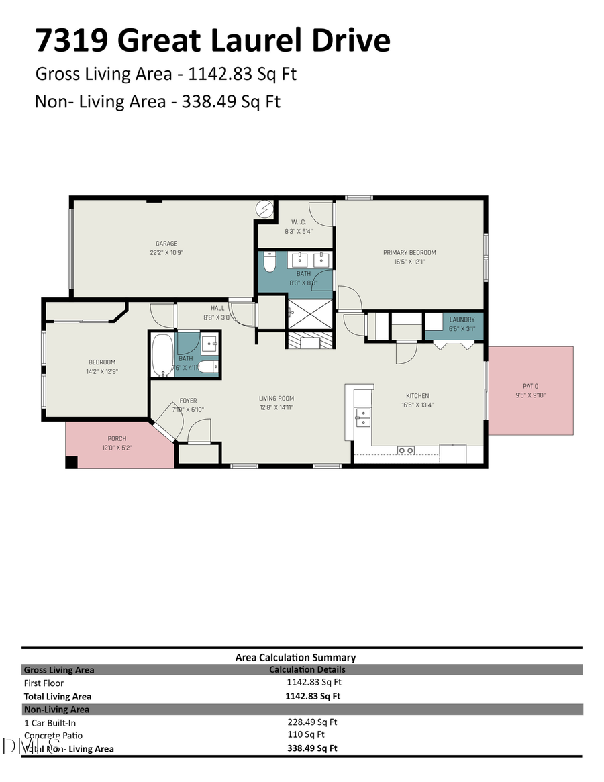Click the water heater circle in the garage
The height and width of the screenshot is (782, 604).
tap(266, 209)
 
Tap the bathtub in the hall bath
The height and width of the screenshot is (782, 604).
tap(162, 356)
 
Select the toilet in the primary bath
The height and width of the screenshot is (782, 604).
tap(270, 260)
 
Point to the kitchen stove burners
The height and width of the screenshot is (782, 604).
tap(405, 450)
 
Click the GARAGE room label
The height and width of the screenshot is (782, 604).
tap(166, 244)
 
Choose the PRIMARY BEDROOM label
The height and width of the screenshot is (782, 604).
tap(409, 252)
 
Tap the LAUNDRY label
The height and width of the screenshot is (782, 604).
tap(462, 320)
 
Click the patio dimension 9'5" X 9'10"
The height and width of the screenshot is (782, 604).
tap(530, 395)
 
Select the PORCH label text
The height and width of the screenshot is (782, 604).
tap(117, 438)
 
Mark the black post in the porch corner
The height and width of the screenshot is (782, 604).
tap(71, 462)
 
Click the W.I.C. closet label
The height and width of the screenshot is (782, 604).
tap(299, 222)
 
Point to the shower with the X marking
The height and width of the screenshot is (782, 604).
tap(310, 314)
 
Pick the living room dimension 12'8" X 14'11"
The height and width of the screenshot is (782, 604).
tap(276, 407)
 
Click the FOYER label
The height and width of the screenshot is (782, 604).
tap(188, 401)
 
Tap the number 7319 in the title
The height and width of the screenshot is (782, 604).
tap(72, 41)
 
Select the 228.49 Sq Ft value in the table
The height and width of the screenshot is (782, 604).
tap(312, 722)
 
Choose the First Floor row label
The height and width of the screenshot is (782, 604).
tap(43, 683)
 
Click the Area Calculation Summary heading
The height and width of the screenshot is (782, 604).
tap(295, 657)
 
